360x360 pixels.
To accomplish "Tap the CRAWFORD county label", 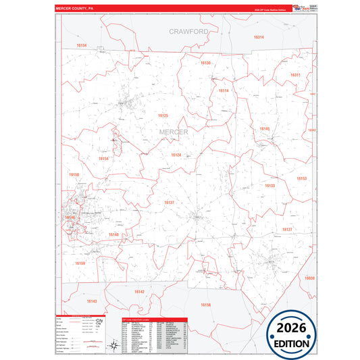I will point(188,32).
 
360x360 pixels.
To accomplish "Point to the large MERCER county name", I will point(174,132).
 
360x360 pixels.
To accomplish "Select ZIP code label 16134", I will point(82,45).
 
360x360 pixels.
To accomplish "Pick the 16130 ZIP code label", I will point(206,63).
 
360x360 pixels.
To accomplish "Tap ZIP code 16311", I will point(295,75).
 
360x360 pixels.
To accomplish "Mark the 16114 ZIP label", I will point(224,91).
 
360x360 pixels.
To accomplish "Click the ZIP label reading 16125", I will point(163,116).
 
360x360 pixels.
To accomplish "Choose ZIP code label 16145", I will point(264,128).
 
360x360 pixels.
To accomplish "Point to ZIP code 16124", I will point(176,155).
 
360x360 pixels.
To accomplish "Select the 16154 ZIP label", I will point(103,159).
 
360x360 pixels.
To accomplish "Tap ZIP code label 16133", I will point(269,186).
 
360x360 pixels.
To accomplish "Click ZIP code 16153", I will point(301,179).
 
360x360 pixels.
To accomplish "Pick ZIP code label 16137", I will point(169,202).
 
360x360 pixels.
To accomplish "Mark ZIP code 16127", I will point(287,230).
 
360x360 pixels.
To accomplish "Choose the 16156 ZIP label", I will point(206,305).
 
